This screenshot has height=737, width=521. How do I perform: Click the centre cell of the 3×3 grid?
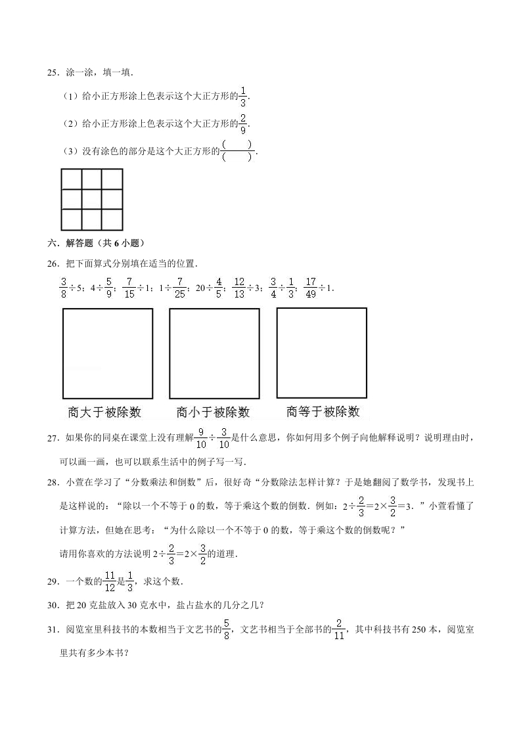click(91, 199)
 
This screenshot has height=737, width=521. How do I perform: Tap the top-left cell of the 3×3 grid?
click(71, 179)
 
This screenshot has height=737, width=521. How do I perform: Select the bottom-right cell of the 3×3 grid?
click(112, 219)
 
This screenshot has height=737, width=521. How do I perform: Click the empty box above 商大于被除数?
click(108, 353)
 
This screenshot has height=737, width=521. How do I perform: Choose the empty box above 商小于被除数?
click(214, 353)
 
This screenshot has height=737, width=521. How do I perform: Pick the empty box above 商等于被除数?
click(322, 353)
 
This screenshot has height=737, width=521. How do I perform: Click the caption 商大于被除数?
click(104, 413)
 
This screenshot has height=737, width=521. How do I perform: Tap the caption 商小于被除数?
click(214, 413)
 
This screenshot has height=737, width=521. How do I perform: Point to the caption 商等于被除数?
click(323, 412)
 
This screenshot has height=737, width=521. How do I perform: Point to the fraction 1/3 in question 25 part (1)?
click(243, 96)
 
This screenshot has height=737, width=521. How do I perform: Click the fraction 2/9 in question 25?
click(243, 123)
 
